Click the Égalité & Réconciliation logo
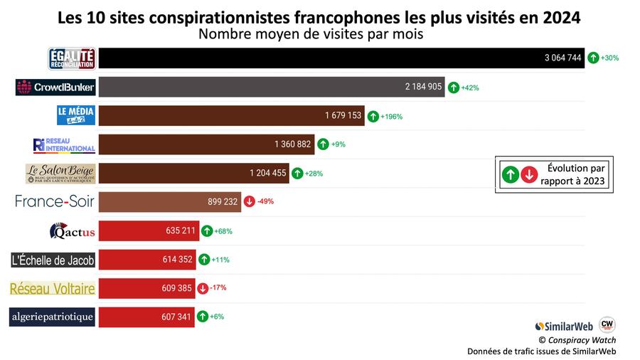[72, 58]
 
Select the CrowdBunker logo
[55, 88]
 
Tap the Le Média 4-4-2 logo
[76, 115]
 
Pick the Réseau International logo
[64, 144]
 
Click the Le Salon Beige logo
[60, 173]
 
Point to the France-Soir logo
[54, 201]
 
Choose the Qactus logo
[72, 231]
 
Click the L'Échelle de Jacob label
[53, 260]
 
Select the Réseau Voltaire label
[52, 288]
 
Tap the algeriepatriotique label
[52, 317]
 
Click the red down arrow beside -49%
[249, 201]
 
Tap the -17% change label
[218, 287]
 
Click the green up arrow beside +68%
[206, 231]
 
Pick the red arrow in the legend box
[528, 175]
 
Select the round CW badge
[607, 324]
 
